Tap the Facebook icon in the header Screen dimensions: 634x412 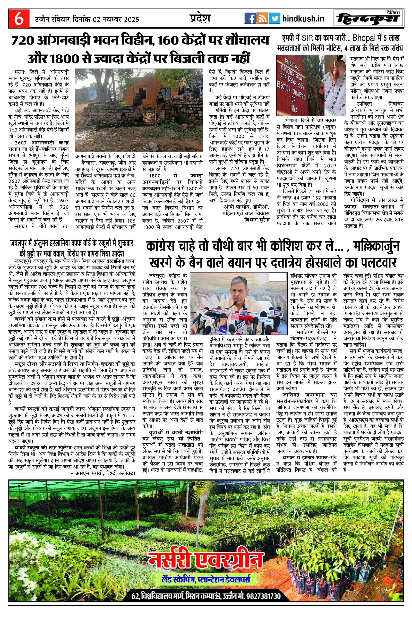pyautogui.click(x=250, y=19)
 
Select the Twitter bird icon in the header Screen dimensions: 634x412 pyautogui.click(x=274, y=19)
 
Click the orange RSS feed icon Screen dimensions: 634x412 pyautogui.click(x=262, y=19)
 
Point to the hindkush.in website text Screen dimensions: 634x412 pyautogui.click(x=303, y=19)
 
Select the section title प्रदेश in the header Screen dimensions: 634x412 pyautogui.click(x=200, y=18)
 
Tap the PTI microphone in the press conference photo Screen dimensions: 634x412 pyautogui.click(x=235, y=315)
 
